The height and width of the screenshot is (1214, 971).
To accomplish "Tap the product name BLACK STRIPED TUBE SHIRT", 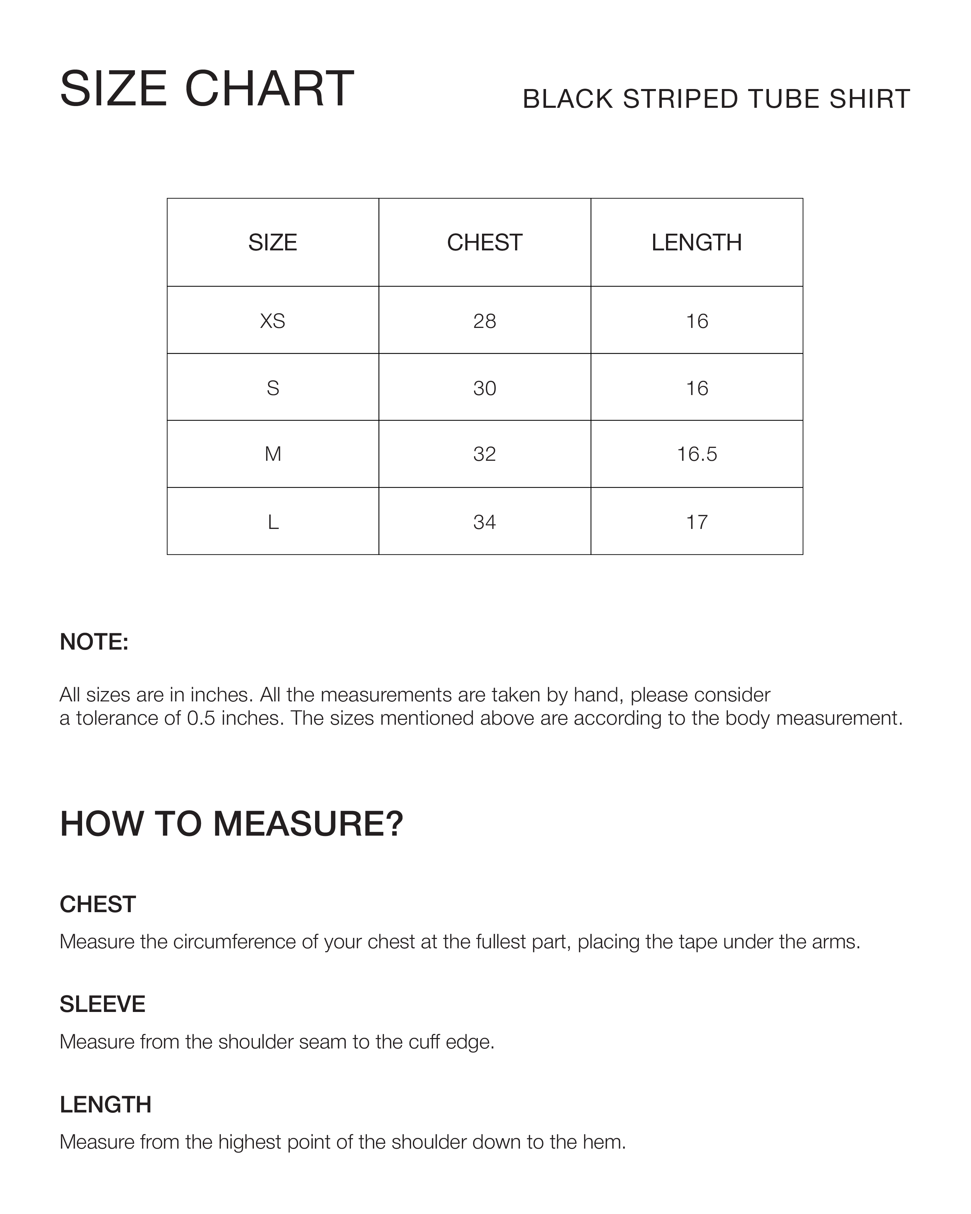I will (x=716, y=99).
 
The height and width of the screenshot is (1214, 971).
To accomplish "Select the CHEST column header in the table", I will (x=484, y=243).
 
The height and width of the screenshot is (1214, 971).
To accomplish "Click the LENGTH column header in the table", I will (x=697, y=243).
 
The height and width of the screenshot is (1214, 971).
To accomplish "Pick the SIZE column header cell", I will (x=273, y=243).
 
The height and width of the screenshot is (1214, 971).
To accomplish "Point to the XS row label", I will (x=273, y=321).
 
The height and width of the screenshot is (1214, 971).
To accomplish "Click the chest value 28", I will (x=484, y=321).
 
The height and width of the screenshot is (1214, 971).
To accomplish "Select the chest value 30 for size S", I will (x=484, y=388).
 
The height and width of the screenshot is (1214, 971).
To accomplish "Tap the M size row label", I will (x=273, y=454).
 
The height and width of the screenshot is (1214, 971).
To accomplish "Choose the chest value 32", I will (x=484, y=454).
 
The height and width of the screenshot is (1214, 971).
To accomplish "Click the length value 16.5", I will (x=697, y=454).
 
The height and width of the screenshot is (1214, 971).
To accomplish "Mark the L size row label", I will (x=273, y=522).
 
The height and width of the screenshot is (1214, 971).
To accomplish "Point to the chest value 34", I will (x=484, y=522).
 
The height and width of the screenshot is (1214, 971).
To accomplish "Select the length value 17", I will (x=697, y=522).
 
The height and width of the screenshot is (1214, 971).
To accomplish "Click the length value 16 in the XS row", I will (x=697, y=321).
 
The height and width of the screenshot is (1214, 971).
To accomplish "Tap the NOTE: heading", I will (x=94, y=642).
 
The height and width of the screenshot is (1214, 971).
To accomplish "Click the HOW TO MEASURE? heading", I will (x=232, y=824).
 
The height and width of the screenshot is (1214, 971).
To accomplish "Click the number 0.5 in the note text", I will (x=201, y=718).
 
